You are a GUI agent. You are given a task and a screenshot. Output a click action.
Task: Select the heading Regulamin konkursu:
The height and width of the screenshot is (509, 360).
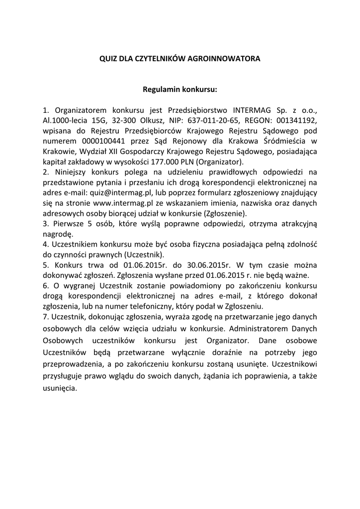point(180,90)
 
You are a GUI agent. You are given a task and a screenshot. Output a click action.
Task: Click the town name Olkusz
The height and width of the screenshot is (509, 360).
point(153,120)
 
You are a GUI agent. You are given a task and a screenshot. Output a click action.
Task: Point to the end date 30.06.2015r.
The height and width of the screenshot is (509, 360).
point(199,265)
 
